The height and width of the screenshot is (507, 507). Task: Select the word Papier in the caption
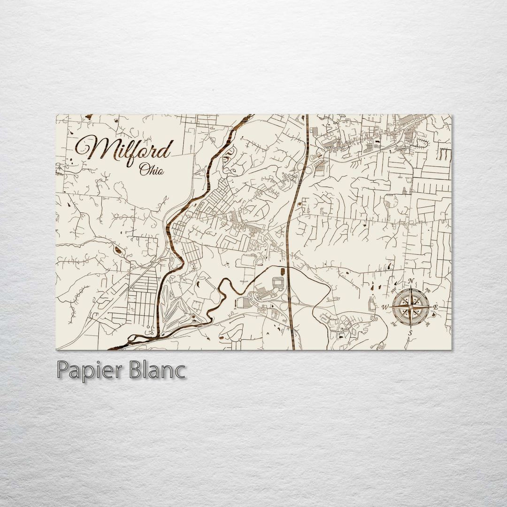coord(88,370)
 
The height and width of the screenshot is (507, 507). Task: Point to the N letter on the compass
coord(411,282)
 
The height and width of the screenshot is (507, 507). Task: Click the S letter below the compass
coord(410,333)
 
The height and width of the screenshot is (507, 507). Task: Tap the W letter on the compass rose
coord(385,307)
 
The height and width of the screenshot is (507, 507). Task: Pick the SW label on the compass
coord(394,324)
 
